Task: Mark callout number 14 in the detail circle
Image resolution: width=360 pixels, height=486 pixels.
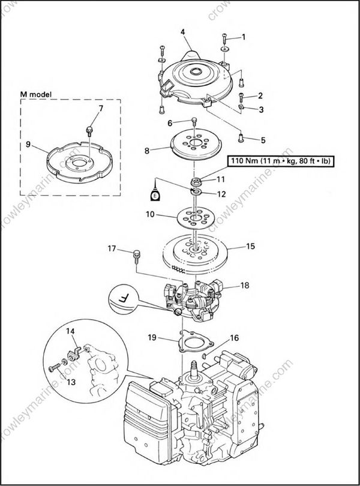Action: tap(70, 331)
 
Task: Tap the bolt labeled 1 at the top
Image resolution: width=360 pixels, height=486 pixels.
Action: tap(224, 38)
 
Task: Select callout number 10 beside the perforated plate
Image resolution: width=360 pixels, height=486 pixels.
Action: tap(149, 214)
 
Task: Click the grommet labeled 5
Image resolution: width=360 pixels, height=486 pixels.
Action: tap(241, 137)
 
